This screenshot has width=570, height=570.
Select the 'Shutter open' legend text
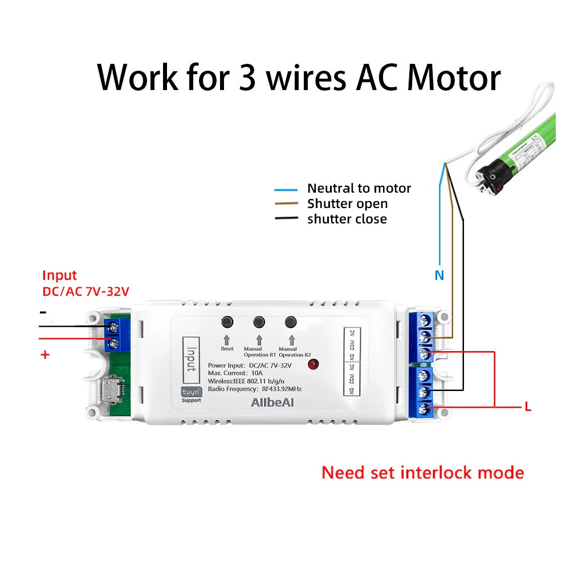pyautogui.click(x=347, y=203)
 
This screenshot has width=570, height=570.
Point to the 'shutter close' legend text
pyautogui.click(x=347, y=219)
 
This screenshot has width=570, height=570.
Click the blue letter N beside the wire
pyautogui.click(x=439, y=275)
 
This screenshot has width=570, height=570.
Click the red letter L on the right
pyautogui.click(x=528, y=407)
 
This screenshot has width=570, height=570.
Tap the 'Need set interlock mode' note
pyautogui.click(x=422, y=473)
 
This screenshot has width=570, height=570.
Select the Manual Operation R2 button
pyautogui.click(x=292, y=322)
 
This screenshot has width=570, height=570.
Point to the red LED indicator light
pyautogui.click(x=312, y=365)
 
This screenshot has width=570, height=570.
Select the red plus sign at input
pyautogui.click(x=46, y=355)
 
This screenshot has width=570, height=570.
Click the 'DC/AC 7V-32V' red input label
pyautogui.click(x=86, y=291)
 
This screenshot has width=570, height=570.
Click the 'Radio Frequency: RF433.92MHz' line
pyautogui.click(x=255, y=388)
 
